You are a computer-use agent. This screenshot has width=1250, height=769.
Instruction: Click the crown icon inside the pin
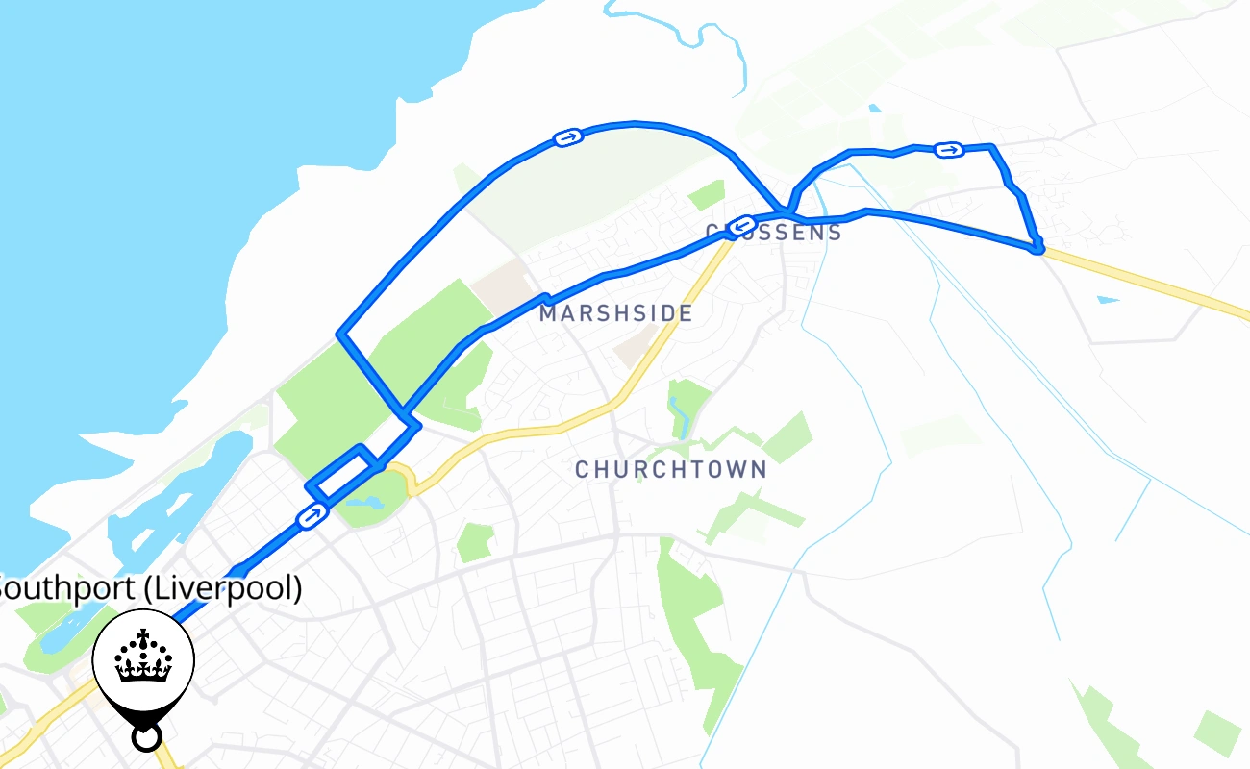tap(144, 657)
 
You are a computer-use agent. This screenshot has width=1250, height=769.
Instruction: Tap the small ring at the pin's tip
tap(145, 738)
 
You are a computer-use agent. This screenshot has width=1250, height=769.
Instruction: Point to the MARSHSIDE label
tap(615, 313)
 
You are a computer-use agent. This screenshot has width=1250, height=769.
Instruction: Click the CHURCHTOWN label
tap(671, 469)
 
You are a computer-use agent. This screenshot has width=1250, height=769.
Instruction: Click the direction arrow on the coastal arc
tap(568, 138)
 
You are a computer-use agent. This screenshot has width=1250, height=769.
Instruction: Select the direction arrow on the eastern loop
tap(949, 149)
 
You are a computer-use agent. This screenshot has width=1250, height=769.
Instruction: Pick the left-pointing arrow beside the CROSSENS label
tap(740, 226)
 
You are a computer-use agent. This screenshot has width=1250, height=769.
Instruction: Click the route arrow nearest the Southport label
tap(312, 517)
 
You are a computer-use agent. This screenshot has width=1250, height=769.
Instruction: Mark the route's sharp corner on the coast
tap(339, 334)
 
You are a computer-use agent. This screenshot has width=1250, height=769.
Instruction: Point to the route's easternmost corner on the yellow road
tap(1037, 248)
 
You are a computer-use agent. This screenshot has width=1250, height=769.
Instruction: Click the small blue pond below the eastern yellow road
tap(1108, 300)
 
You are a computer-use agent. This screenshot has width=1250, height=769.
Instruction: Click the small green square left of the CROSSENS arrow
tap(706, 193)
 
